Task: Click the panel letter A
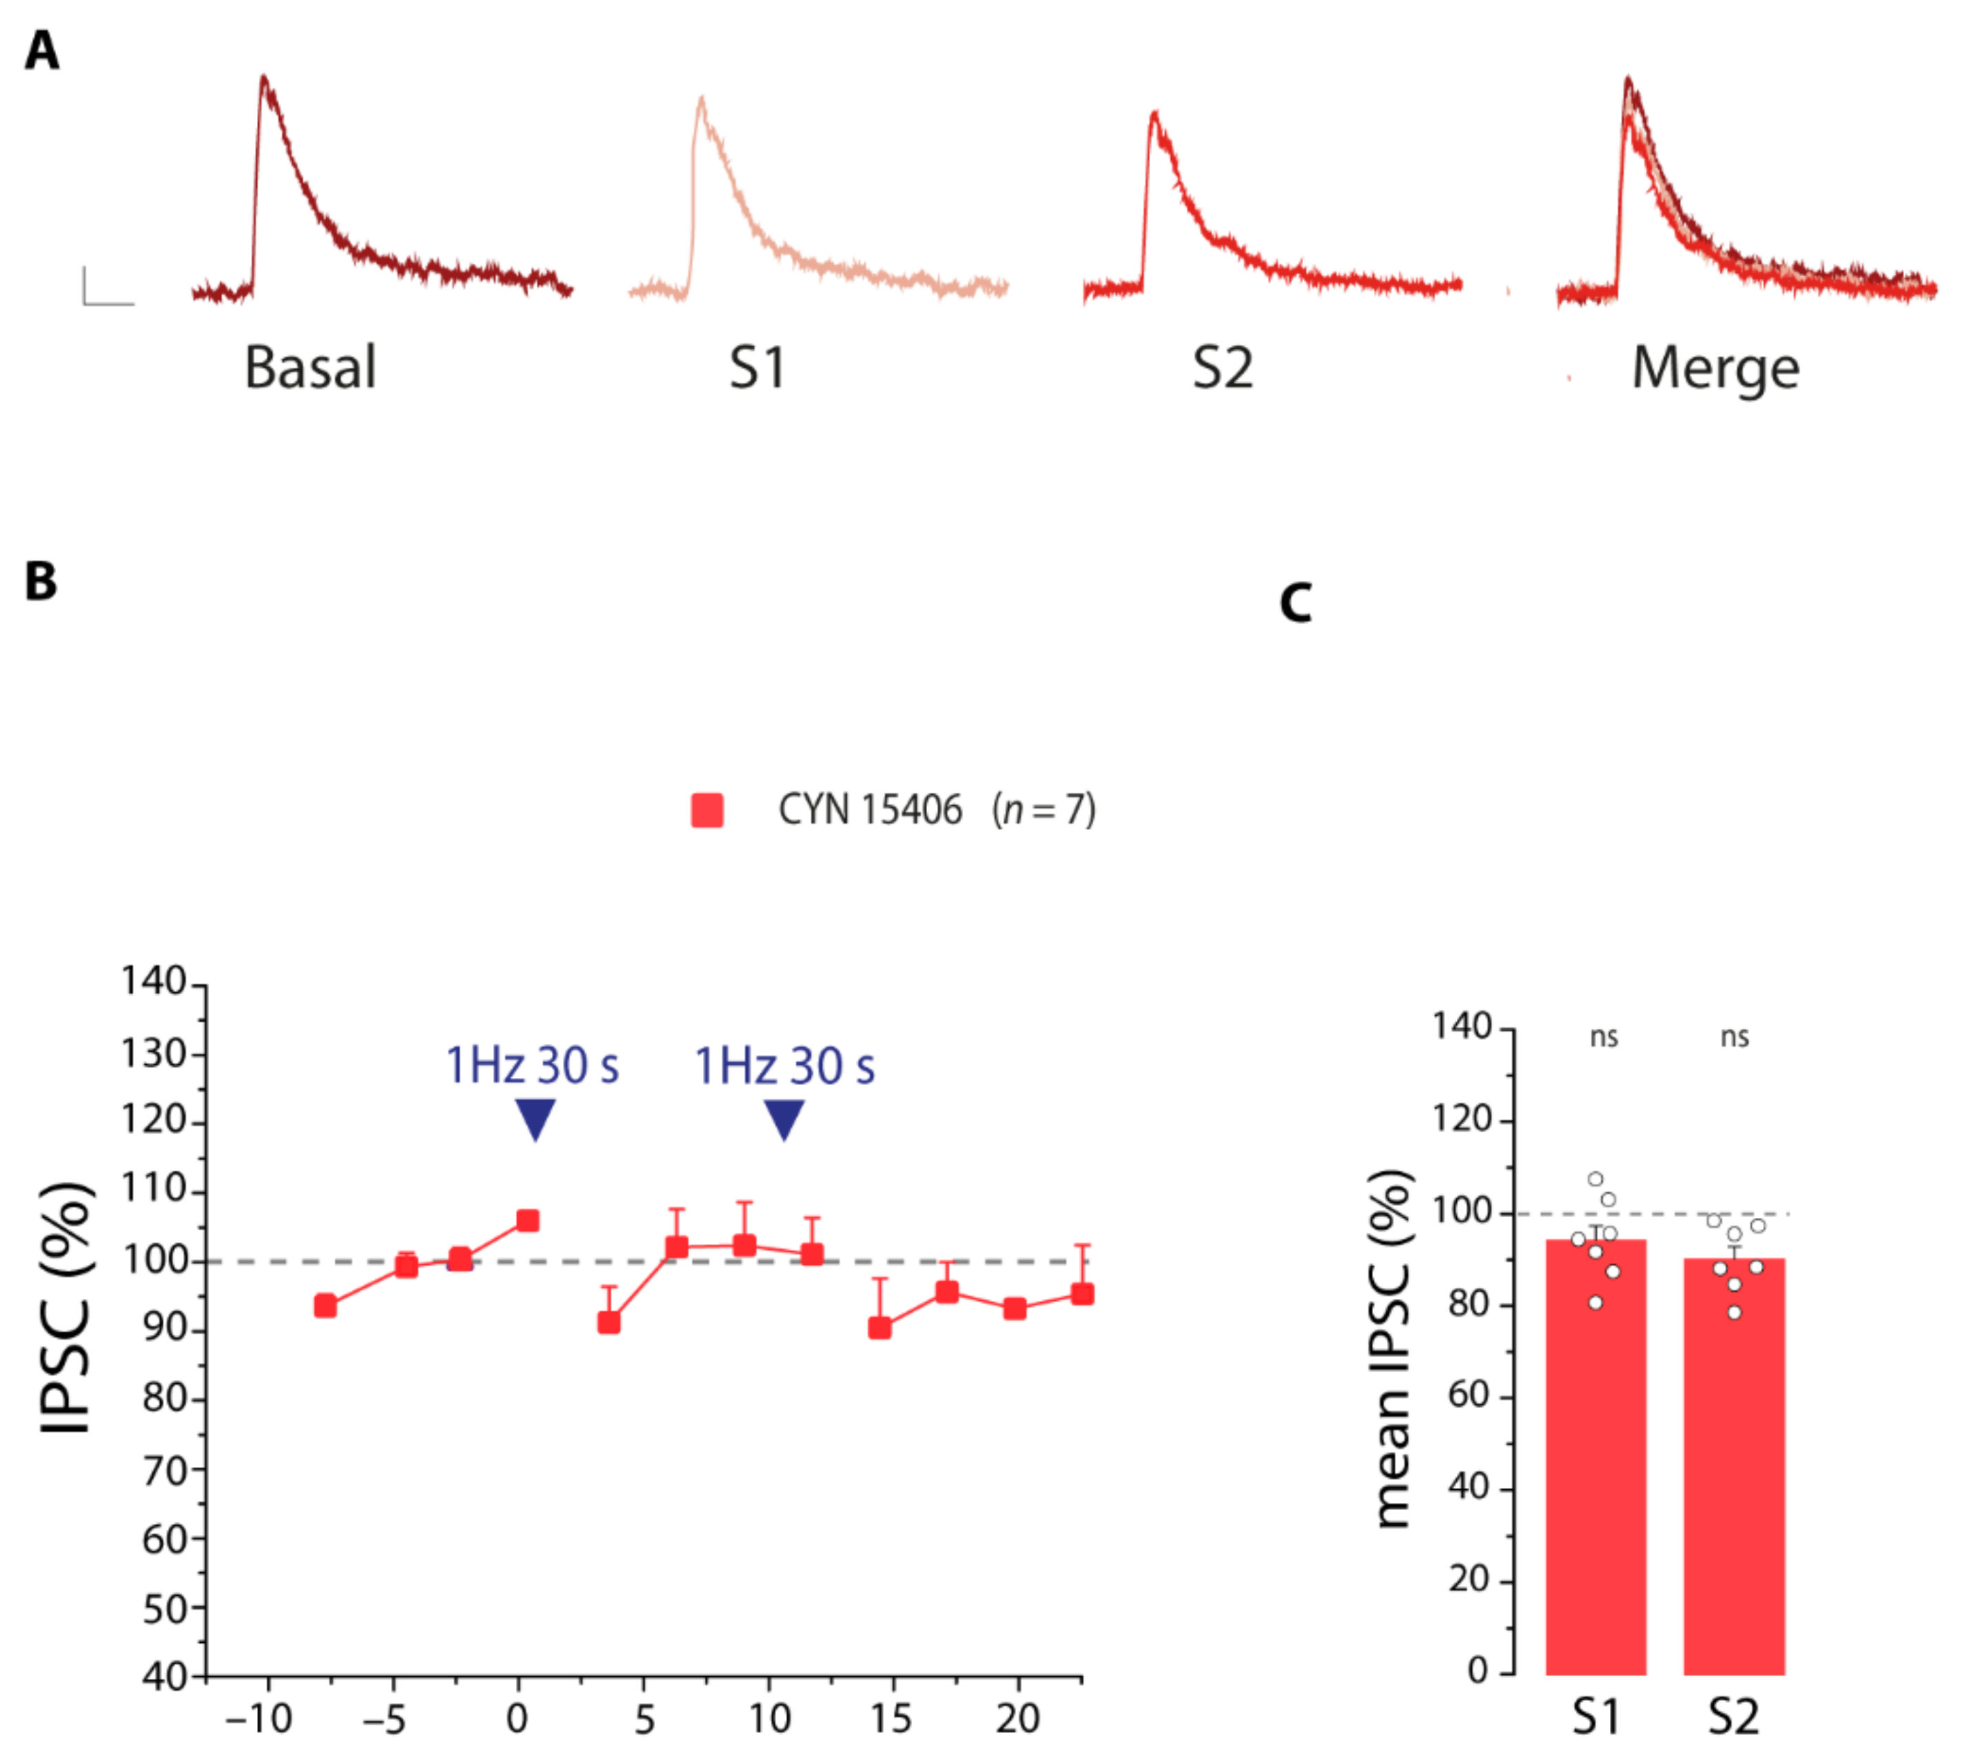coord(41,51)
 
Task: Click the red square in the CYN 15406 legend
coord(707,810)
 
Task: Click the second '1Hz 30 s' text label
coord(785,1066)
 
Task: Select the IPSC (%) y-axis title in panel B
coord(68,1307)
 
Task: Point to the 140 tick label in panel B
coord(153,982)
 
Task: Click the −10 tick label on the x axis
coord(258,1718)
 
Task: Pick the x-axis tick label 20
coord(1017,1718)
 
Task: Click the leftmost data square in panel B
coord(325,1306)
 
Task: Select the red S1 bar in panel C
coord(1595,1471)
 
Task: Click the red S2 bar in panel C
coord(1734,1481)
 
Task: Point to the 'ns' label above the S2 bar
coord(1735,1037)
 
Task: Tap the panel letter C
coord(1296,602)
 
